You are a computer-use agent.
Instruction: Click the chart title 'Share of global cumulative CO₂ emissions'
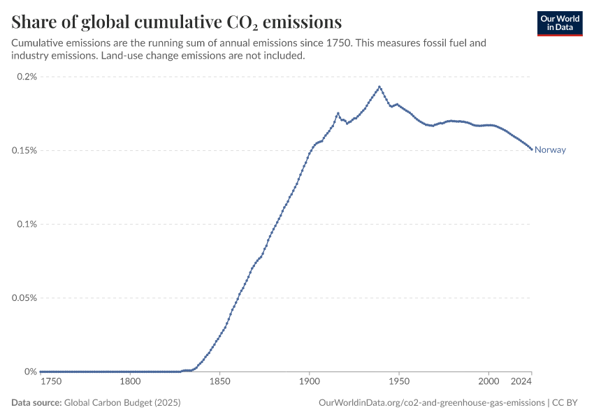pyautogui.click(x=176, y=21)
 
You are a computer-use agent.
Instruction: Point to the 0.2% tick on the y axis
pyautogui.click(x=27, y=77)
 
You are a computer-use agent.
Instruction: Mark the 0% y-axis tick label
pyautogui.click(x=31, y=372)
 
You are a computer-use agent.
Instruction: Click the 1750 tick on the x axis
pyautogui.click(x=51, y=382)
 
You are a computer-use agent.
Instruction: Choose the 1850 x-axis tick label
pyautogui.click(x=219, y=382)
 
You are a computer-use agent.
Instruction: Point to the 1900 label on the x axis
pyautogui.click(x=309, y=382)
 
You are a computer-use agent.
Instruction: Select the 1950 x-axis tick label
pyautogui.click(x=398, y=382)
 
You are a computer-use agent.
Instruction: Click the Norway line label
pyautogui.click(x=550, y=149)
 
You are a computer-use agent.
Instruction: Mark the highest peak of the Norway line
pyautogui.click(x=379, y=87)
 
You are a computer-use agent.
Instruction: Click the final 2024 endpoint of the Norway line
pyautogui.click(x=531, y=149)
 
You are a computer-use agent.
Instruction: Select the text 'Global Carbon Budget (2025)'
pyautogui.click(x=126, y=403)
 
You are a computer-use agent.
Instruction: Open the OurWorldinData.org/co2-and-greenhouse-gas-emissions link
pyautogui.click(x=431, y=403)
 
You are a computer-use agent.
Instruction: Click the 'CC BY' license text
pyautogui.click(x=568, y=403)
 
